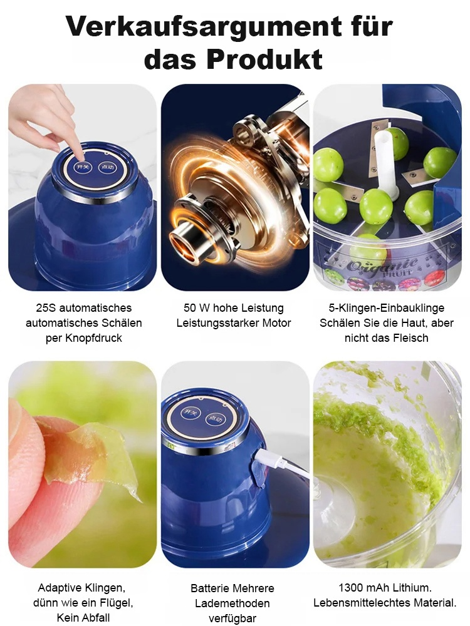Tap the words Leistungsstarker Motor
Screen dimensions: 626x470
pyautogui.click(x=234, y=323)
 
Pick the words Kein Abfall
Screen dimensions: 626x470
pyautogui.click(x=83, y=618)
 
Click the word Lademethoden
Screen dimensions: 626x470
pyautogui.click(x=232, y=603)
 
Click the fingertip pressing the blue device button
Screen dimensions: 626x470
pyautogui.click(x=78, y=150)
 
